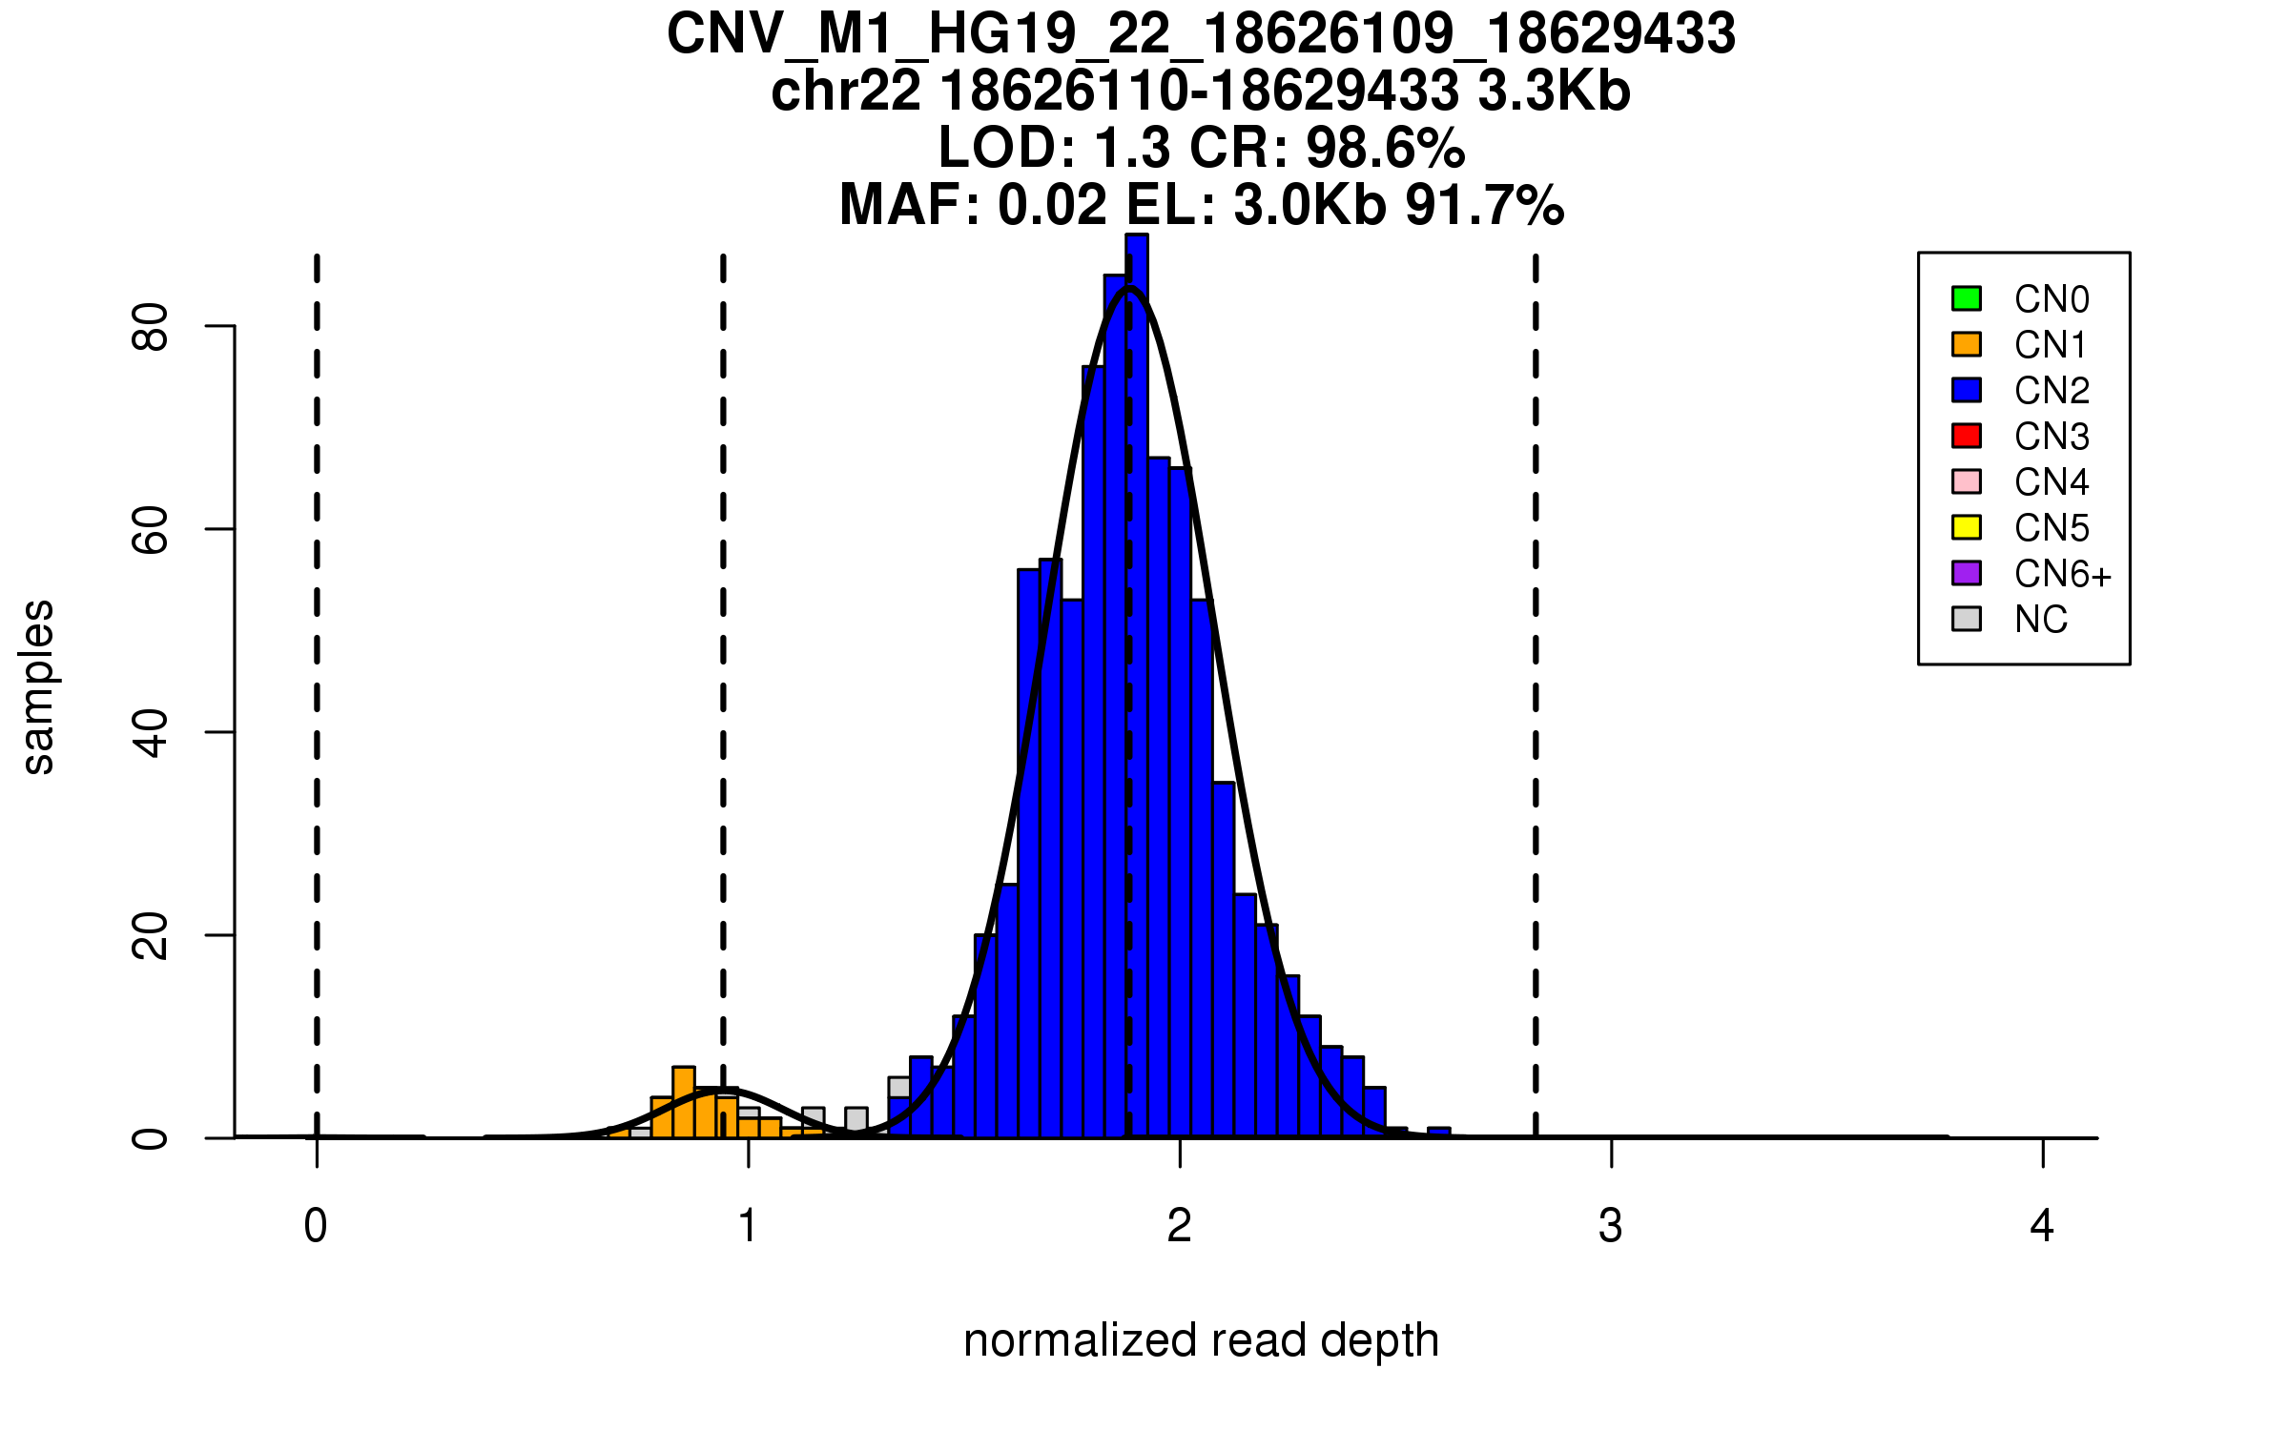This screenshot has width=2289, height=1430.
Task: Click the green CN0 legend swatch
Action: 1967,298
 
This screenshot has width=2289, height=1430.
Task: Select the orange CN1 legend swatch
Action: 1967,344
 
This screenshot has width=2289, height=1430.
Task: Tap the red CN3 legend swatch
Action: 1967,436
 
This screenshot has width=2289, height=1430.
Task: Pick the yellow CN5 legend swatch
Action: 1967,527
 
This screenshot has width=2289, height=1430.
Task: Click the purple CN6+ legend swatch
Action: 1967,573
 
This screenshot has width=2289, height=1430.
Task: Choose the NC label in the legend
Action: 2041,620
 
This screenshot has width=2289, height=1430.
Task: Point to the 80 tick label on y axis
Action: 150,327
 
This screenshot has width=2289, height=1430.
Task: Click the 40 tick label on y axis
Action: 150,732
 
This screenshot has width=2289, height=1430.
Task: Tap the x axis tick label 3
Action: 1611,1226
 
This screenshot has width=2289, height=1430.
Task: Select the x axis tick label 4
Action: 2042,1226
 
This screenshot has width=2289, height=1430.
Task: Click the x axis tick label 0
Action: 316,1226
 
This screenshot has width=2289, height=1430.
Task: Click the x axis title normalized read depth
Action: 1201,1340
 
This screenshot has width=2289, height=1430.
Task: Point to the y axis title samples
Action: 38,686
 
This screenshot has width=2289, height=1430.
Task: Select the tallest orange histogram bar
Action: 684,1103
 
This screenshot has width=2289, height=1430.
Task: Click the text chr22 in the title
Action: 846,92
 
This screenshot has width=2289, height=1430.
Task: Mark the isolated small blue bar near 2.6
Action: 1439,1133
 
